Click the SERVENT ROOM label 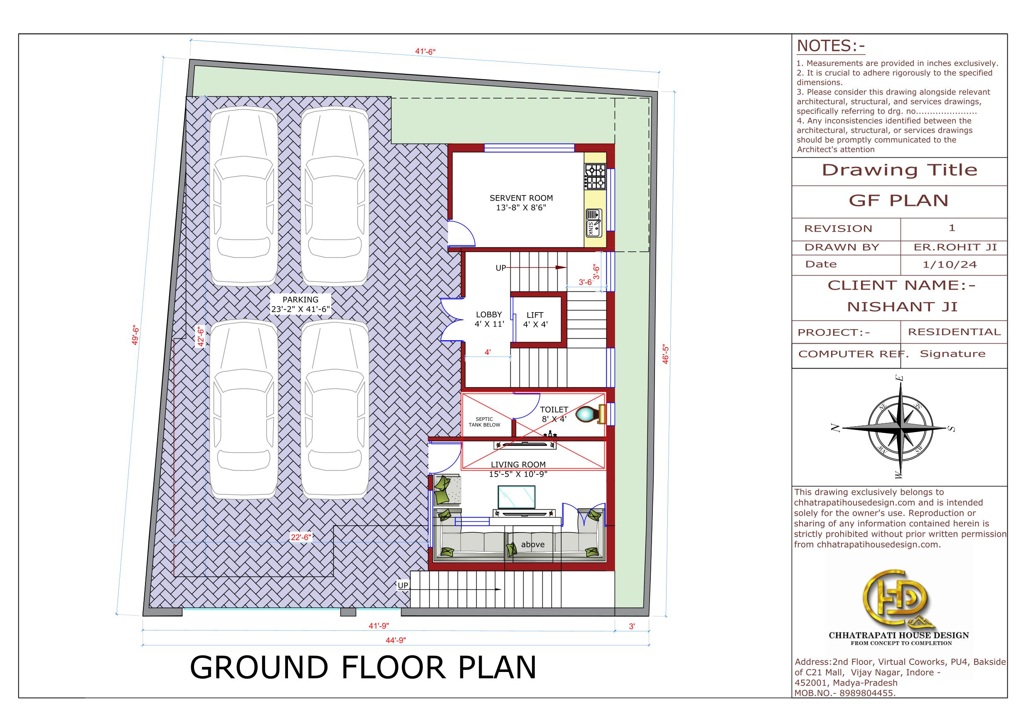(x=521, y=198)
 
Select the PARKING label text (x=300, y=300)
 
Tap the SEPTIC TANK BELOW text (x=484, y=422)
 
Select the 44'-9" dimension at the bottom (x=396, y=640)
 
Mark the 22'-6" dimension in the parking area (x=300, y=537)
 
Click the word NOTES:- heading (x=831, y=46)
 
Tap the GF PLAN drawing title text (x=898, y=200)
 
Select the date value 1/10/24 (x=950, y=265)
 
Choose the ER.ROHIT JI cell (x=955, y=247)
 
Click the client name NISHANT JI (x=902, y=307)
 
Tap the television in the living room (x=517, y=496)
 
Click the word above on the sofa (x=533, y=545)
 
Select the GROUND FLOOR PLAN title (x=363, y=668)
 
